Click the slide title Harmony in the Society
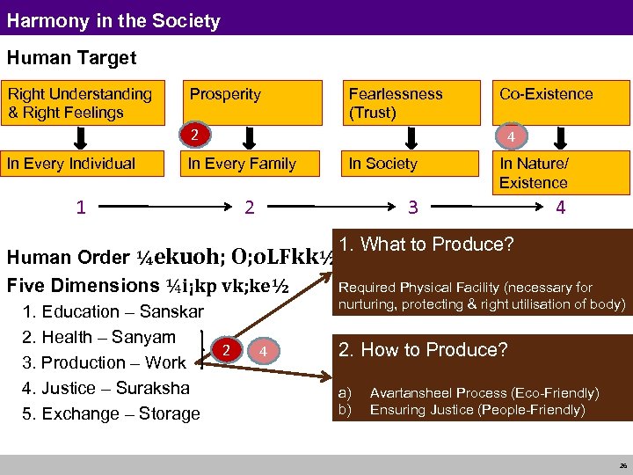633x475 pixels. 113,19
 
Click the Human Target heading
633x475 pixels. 72,58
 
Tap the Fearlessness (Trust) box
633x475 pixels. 408,103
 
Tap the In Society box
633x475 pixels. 408,163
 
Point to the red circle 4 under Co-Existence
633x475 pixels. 511,136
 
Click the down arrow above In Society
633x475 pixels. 409,138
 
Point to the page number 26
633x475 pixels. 622,465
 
